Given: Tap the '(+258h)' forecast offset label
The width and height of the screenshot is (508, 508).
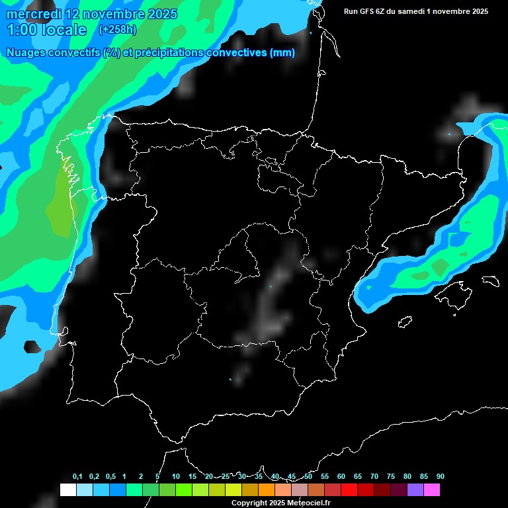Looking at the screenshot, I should (118, 30).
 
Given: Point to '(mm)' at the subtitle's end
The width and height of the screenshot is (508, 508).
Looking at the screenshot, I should (282, 53).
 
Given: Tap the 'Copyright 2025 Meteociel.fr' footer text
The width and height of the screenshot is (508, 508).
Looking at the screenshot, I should (280, 503).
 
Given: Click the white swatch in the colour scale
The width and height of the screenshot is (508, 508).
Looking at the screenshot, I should (67, 490).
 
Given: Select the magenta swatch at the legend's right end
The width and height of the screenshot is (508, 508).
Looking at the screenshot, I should (432, 490).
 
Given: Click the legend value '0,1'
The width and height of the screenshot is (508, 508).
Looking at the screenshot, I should (77, 477).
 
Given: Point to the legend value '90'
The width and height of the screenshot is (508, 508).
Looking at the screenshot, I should (441, 477).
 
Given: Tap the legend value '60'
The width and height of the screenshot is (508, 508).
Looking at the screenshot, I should (341, 477).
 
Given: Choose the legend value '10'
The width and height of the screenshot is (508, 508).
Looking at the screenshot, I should (176, 477).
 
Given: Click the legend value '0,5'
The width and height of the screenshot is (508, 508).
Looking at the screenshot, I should (110, 477).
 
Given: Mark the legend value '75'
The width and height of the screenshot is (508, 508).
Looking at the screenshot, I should (391, 477).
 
